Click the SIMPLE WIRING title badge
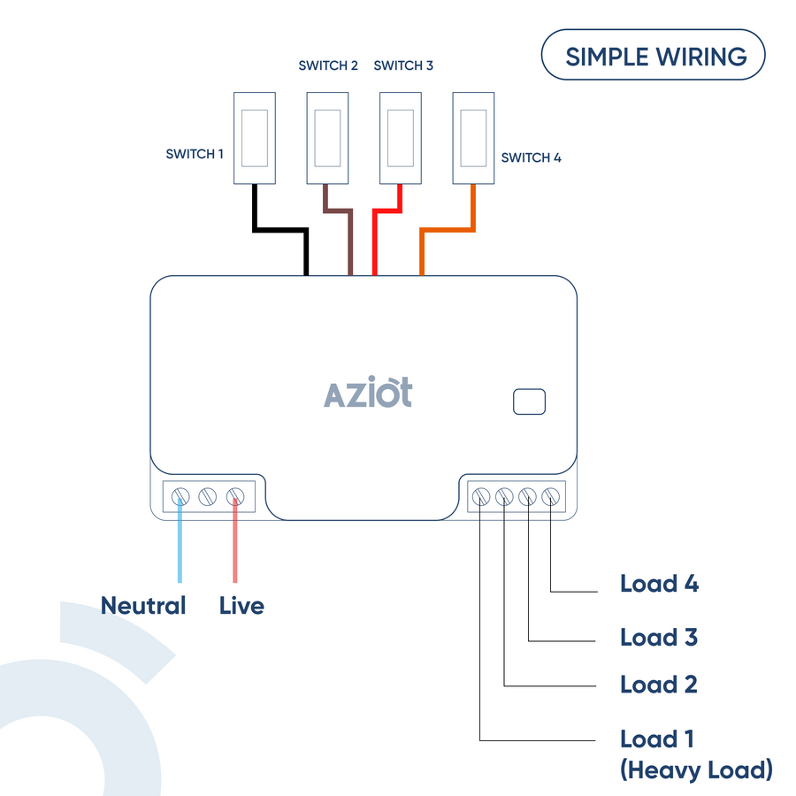[653, 56]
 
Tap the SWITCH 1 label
[195, 154]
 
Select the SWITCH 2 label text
[328, 65]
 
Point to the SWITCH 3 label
[403, 65]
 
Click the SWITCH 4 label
[531, 158]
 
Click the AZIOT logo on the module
[368, 393]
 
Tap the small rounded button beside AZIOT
[529, 402]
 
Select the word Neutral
[143, 606]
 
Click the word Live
[241, 606]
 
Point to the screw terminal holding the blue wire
[181, 496]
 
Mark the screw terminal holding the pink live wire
[235, 496]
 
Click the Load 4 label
[659, 584]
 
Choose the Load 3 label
[659, 637]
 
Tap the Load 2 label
[659, 685]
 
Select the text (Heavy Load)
[696, 769]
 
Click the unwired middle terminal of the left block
[208, 496]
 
